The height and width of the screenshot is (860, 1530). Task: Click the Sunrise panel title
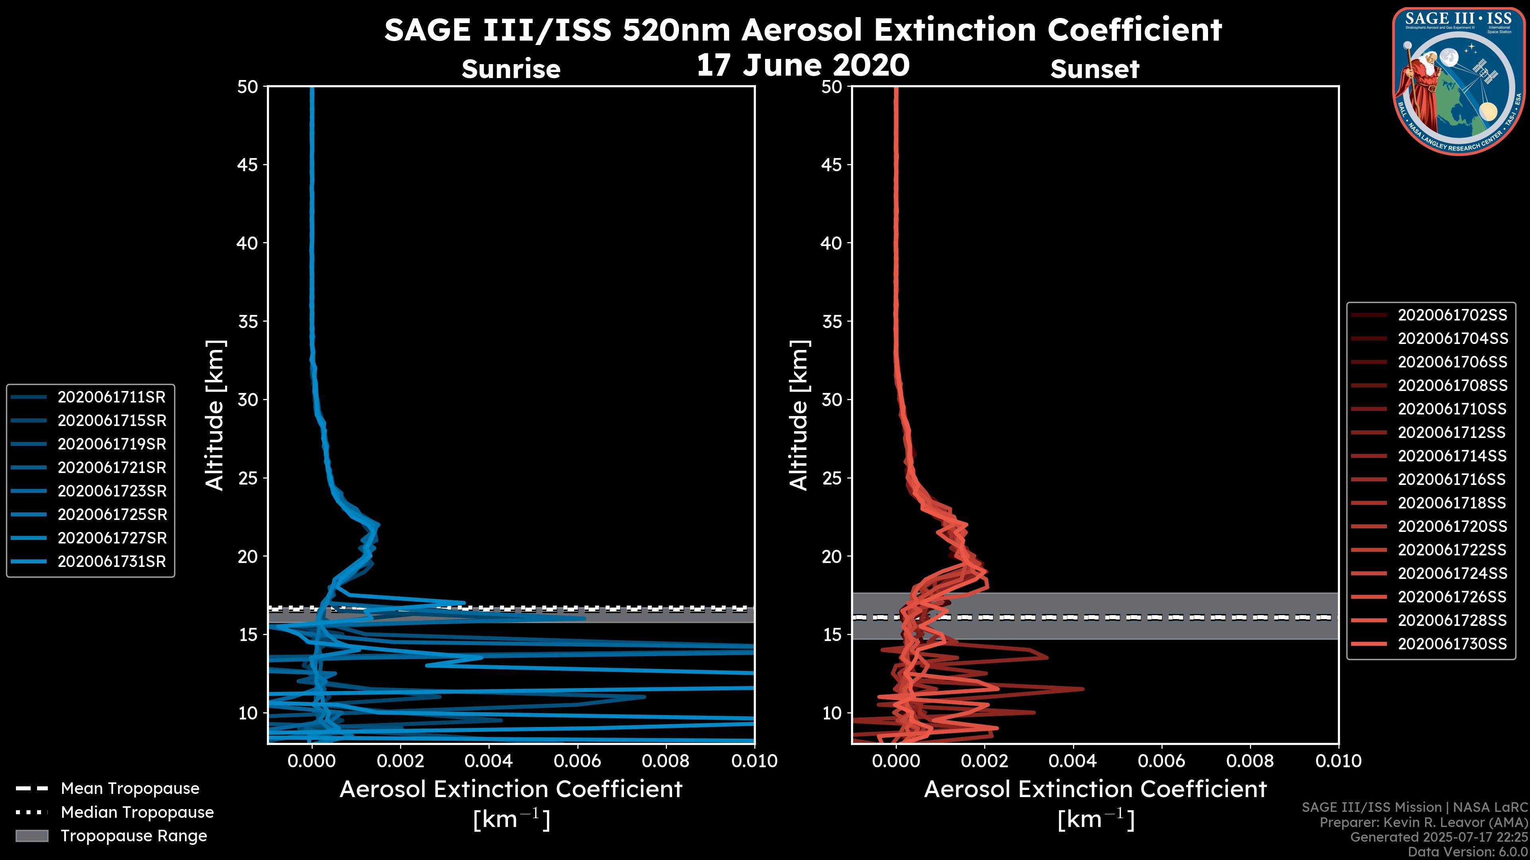click(511, 69)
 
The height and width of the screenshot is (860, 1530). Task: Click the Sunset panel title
click(1095, 69)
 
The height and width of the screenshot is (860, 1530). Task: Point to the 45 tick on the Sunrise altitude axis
click(248, 165)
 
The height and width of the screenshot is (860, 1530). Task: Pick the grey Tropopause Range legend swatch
click(32, 836)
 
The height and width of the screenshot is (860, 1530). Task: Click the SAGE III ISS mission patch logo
click(1460, 81)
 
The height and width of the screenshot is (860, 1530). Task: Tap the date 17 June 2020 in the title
click(802, 65)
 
